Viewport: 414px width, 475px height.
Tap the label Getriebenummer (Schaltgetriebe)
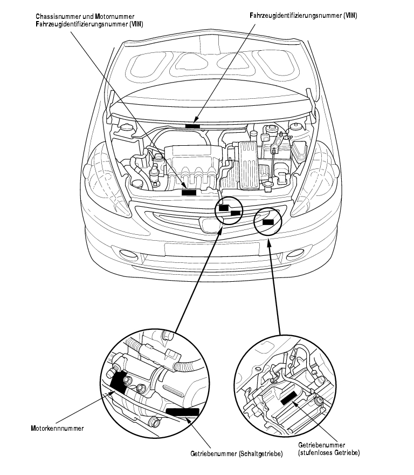point(237,454)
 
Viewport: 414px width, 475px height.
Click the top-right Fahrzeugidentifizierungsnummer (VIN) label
point(303,16)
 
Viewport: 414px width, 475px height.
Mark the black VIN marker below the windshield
point(192,125)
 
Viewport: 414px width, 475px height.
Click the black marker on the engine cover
point(189,192)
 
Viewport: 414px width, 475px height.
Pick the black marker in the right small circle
point(268,220)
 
